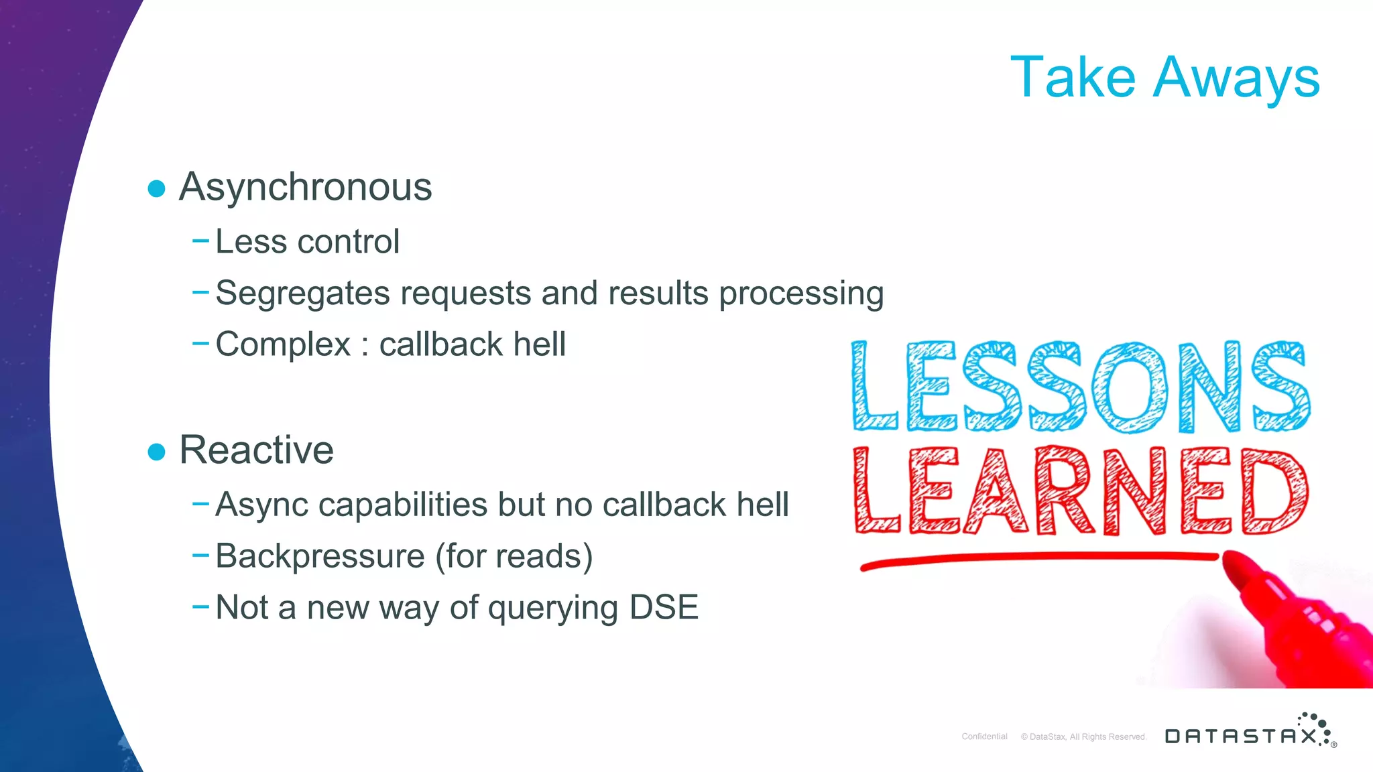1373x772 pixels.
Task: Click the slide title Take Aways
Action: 1165,78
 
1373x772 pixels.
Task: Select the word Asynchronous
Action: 305,188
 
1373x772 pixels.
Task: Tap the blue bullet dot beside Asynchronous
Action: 156,188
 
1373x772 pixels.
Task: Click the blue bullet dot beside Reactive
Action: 156,452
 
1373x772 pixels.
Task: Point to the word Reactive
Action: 256,450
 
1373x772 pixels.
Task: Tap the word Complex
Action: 283,345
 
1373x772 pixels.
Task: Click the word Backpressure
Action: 320,557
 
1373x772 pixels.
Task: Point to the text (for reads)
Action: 514,557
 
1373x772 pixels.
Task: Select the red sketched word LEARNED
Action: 1081,491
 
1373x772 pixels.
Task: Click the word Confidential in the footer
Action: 984,736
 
